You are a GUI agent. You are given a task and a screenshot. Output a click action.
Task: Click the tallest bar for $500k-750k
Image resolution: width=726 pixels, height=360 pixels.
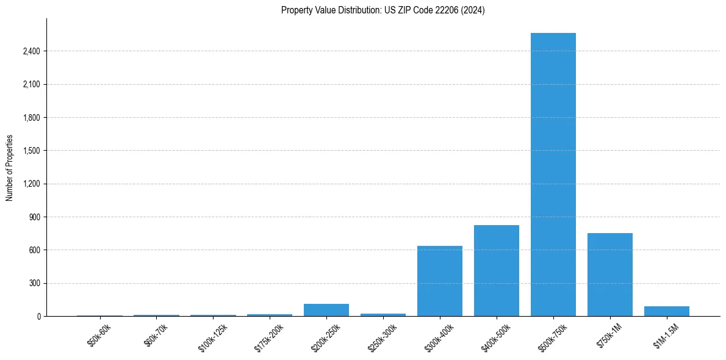coord(553,175)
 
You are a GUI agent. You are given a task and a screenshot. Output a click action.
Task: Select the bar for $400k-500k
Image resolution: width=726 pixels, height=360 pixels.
coord(496,271)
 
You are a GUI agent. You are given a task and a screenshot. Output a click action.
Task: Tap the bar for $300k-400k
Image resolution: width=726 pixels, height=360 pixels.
coord(439,281)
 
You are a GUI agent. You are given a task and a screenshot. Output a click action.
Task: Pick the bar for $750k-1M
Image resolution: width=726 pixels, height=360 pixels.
coord(609,275)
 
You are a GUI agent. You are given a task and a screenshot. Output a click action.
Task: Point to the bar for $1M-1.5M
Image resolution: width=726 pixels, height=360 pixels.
coord(666,311)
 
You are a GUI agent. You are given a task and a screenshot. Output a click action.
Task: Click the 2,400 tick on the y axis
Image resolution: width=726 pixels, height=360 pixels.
coord(31,51)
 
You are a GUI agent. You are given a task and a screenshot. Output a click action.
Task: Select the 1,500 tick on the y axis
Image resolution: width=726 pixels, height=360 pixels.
coord(31,151)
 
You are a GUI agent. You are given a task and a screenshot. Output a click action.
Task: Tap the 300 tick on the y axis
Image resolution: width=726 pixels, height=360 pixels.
coord(35,283)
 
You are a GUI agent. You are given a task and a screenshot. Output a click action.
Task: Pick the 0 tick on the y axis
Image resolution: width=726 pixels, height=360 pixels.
coord(38,316)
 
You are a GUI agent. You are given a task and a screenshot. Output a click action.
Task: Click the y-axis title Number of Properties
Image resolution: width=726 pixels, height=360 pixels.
coord(9,168)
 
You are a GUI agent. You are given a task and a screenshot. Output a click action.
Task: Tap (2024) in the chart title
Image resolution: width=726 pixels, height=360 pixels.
coord(473,10)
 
